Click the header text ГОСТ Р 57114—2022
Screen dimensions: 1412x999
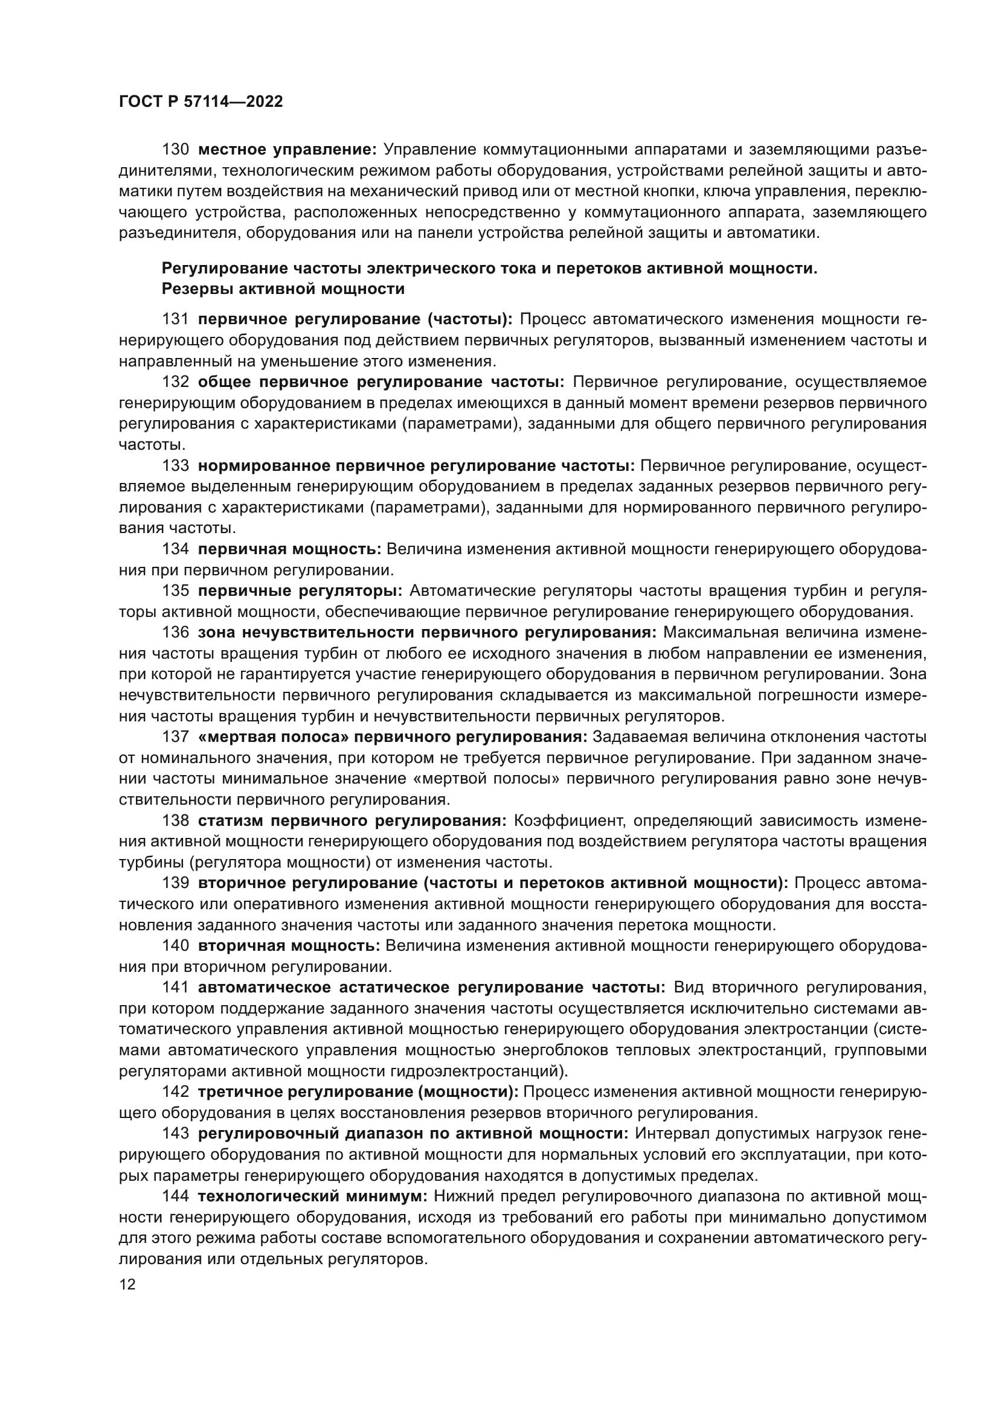(x=201, y=102)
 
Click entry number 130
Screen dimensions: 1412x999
(x=175, y=150)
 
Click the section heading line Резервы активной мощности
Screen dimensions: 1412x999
(x=282, y=289)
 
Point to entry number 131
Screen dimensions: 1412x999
(x=175, y=319)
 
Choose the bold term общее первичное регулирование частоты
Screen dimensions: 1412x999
(x=381, y=383)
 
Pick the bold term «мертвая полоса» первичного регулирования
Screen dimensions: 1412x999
(x=393, y=736)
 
